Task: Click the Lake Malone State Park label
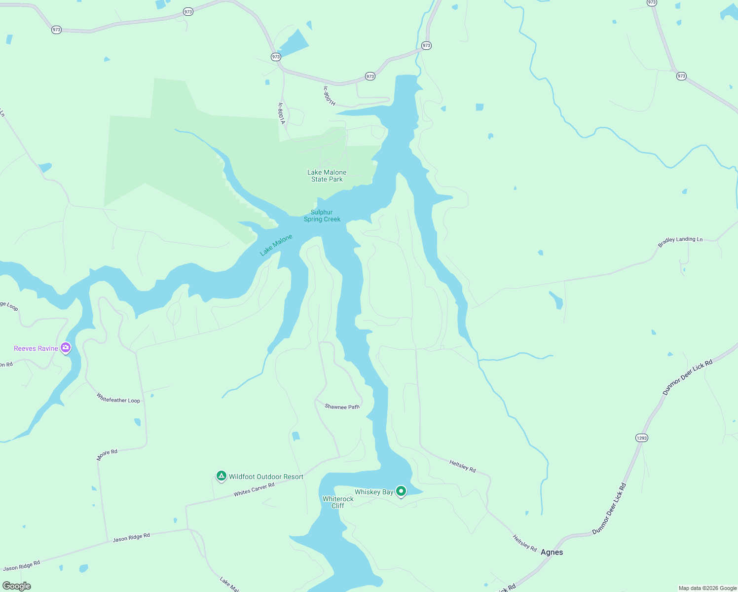point(327,176)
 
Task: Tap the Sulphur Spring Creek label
point(322,216)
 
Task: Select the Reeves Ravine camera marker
point(66,348)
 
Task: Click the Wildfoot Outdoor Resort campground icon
point(221,476)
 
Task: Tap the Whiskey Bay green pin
point(401,491)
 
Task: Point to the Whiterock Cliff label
point(338,502)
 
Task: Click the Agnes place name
point(552,552)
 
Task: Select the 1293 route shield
point(642,438)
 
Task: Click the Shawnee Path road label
point(342,407)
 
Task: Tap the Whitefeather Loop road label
point(118,398)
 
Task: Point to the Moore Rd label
point(107,455)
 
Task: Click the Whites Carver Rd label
point(254,489)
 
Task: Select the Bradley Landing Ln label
point(680,241)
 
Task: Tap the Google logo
point(17,586)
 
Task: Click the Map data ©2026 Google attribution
point(707,588)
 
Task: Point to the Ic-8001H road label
point(329,96)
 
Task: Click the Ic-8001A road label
point(282,113)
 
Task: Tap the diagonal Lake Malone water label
point(276,245)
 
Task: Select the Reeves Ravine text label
point(36,348)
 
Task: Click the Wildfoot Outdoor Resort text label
point(266,477)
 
